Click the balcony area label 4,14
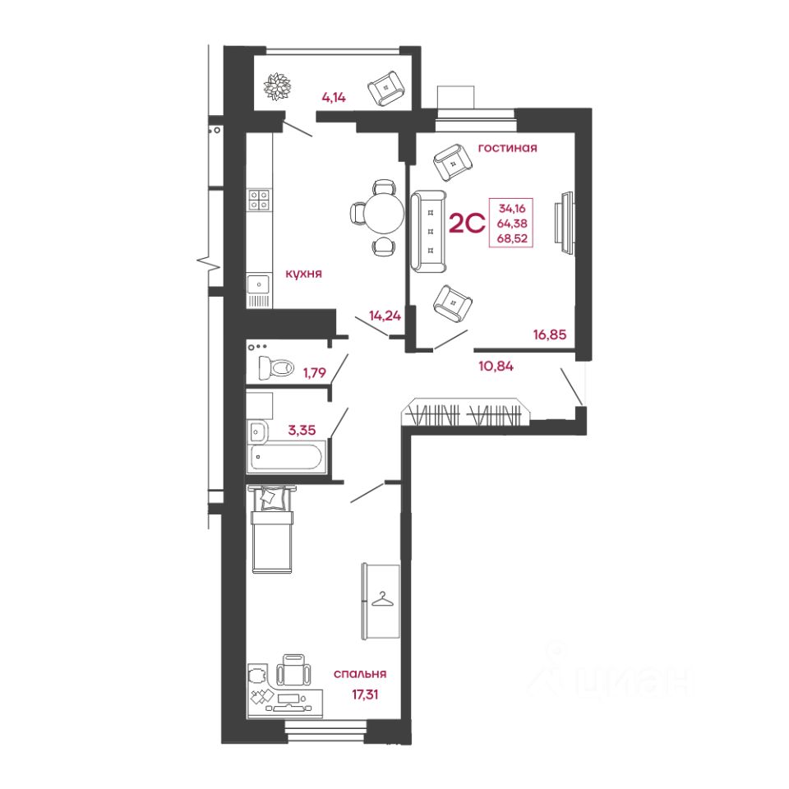click(334, 98)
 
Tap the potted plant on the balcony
click(277, 86)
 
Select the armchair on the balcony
click(386, 88)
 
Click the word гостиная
click(507, 148)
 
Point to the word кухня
click(303, 274)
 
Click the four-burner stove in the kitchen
click(259, 199)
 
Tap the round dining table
click(384, 214)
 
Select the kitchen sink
click(259, 285)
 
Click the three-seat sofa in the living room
click(429, 232)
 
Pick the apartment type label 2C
click(467, 224)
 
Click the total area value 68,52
click(512, 238)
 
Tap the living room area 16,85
click(550, 335)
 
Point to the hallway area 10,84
click(496, 367)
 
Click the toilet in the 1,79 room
click(276, 367)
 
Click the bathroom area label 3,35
click(302, 430)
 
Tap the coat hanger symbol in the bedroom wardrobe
click(382, 598)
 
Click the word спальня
click(360, 674)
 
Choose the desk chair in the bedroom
click(294, 670)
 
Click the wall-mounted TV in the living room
click(564, 224)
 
